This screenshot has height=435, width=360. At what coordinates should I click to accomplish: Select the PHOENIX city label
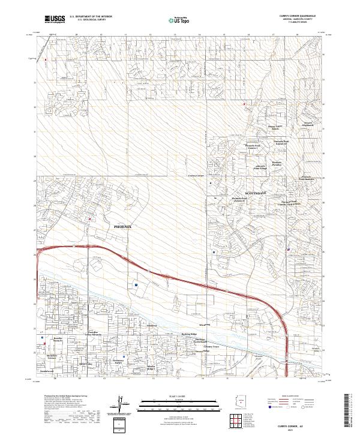[x=122, y=227]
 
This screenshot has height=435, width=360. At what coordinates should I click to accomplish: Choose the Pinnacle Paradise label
[x=277, y=164]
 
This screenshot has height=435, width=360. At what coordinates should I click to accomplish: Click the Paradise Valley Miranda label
[x=92, y=333]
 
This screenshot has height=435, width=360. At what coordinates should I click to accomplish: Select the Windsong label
[x=212, y=324]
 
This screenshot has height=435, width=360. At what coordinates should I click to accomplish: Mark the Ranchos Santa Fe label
[x=58, y=340]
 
